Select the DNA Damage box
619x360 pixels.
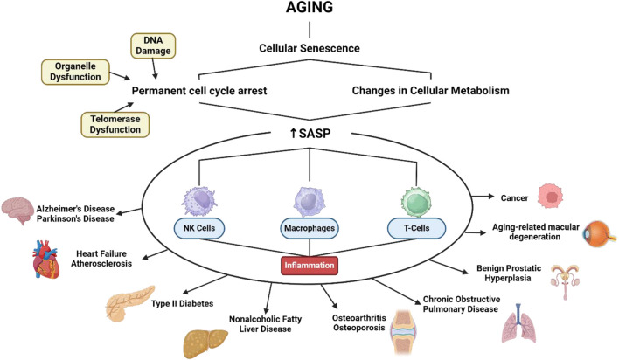156,45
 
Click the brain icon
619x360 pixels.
22,210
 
